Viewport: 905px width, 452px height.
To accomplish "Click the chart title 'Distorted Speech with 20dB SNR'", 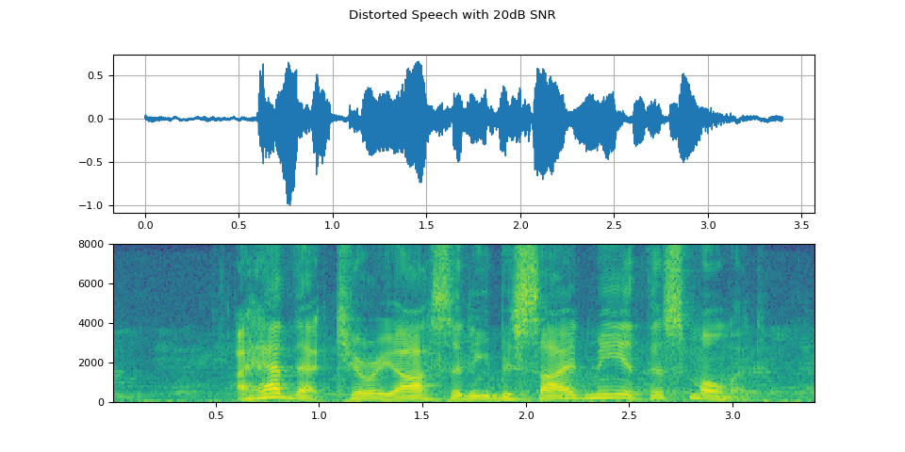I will pos(452,15).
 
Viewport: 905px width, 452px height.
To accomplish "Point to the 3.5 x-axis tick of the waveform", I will pos(801,226).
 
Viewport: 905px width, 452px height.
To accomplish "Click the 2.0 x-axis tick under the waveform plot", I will pos(520,226).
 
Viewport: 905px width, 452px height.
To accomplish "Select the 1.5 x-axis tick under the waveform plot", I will pos(426,226).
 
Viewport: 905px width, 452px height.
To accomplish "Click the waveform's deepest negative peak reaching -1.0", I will pos(288,203).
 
